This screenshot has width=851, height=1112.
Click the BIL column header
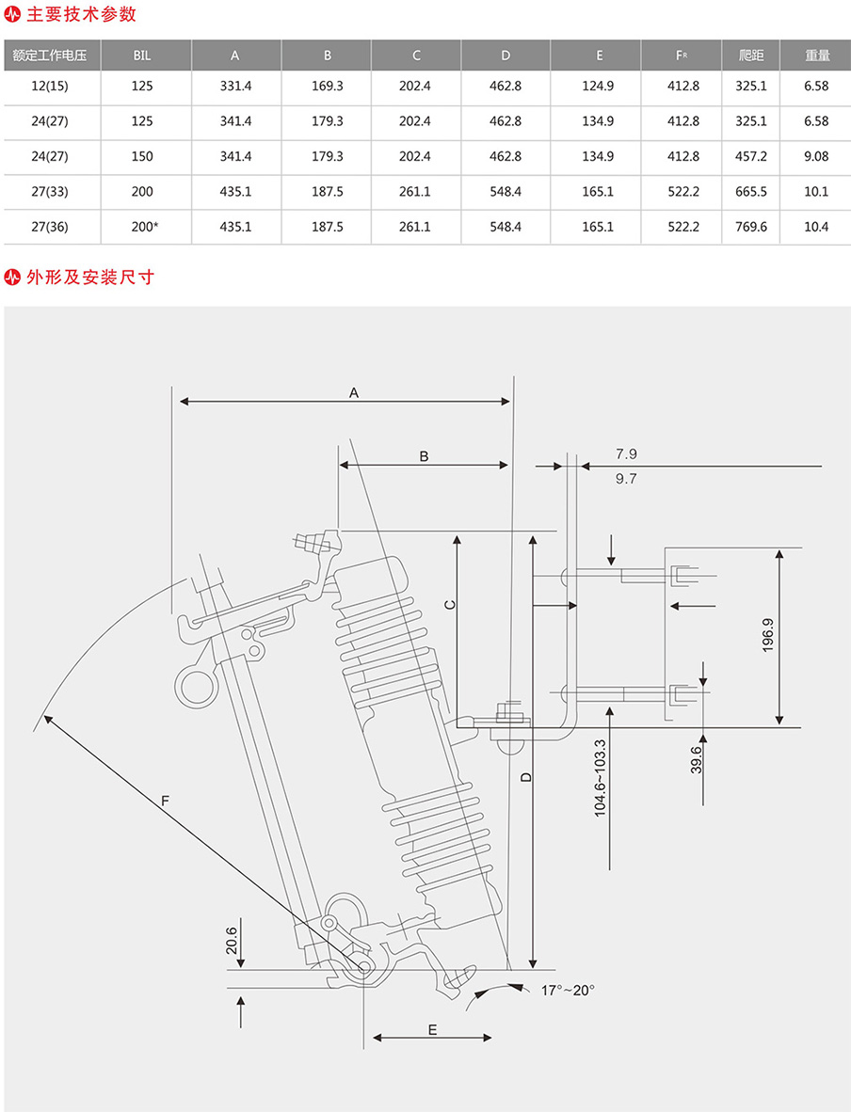[x=142, y=56]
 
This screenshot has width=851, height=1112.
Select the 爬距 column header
[x=751, y=56]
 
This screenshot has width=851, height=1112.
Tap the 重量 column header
[x=816, y=56]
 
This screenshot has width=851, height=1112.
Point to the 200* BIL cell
[x=143, y=227]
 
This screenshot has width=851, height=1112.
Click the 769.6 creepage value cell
[x=751, y=227]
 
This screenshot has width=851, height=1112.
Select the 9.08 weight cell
[x=816, y=156]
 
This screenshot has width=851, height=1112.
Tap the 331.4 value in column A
[x=235, y=87]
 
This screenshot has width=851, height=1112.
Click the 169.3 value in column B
[x=327, y=87]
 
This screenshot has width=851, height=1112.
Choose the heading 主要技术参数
[x=83, y=14]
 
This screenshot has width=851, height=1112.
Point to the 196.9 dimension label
[x=767, y=636]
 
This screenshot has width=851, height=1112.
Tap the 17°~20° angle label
[x=568, y=990]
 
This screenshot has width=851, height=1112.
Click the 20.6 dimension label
[x=232, y=940]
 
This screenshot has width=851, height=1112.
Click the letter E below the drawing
[x=432, y=1029]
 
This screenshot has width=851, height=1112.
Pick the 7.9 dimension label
[x=626, y=453]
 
